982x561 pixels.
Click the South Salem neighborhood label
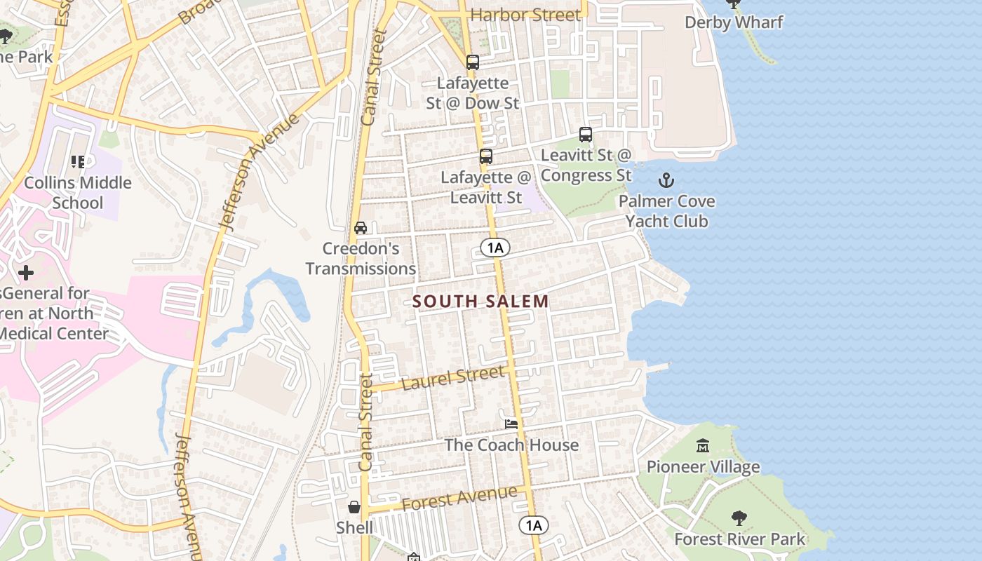point(480,302)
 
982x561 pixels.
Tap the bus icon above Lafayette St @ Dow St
point(473,62)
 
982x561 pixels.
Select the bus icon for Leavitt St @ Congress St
point(586,135)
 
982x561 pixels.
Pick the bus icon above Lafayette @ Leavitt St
point(486,156)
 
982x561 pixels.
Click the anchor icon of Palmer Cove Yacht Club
point(666,181)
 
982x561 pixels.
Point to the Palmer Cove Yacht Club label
point(666,211)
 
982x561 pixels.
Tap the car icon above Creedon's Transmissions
point(361,227)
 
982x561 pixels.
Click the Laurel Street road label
point(454,378)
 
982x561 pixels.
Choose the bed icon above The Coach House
point(511,424)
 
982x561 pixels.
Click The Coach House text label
point(511,445)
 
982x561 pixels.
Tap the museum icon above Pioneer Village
point(702,446)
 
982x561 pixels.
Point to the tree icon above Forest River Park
point(739,518)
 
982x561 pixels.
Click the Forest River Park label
point(739,539)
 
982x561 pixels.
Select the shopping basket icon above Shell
point(355,506)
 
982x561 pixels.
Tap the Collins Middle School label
point(78,193)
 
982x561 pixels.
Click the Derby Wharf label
point(734,22)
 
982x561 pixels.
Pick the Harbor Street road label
point(525,15)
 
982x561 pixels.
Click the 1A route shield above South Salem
point(495,247)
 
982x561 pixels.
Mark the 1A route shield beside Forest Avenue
point(533,525)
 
